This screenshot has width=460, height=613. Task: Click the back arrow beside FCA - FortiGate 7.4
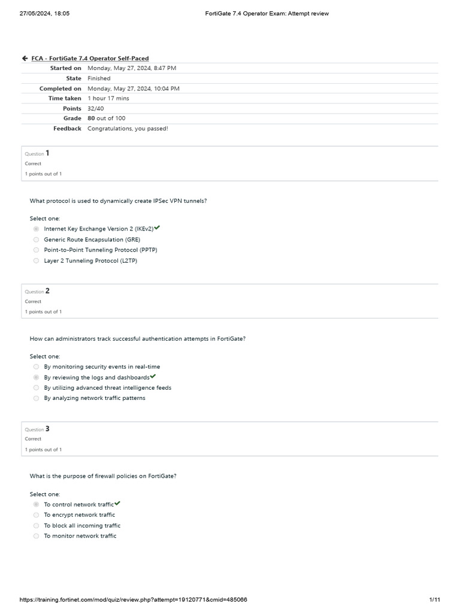[x=25, y=58]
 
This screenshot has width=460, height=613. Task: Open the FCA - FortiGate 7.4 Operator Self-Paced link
[x=90, y=58]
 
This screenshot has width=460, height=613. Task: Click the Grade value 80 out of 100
[x=107, y=119]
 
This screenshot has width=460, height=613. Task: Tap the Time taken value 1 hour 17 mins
[x=108, y=98]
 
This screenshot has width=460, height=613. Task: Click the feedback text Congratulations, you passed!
[x=128, y=128]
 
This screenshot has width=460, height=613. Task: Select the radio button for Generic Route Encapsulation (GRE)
[x=37, y=239]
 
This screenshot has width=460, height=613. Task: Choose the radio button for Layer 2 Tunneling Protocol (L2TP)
[x=37, y=260]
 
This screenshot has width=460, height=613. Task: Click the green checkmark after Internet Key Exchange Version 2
[x=157, y=228]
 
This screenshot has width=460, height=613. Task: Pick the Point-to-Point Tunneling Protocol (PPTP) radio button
[x=37, y=250]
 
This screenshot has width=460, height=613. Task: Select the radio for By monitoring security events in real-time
[x=37, y=366]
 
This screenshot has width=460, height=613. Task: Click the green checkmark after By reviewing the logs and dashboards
[x=153, y=377]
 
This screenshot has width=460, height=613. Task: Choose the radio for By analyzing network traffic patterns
[x=37, y=398]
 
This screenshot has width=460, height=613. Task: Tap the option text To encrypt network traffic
[x=79, y=515]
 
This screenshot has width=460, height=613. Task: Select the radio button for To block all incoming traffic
[x=37, y=526]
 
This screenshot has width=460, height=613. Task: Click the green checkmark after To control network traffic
[x=117, y=503]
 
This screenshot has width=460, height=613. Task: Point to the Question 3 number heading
[x=47, y=429]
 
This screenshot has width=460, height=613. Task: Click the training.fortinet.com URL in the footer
[x=134, y=599]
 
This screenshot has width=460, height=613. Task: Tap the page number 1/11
[x=435, y=599]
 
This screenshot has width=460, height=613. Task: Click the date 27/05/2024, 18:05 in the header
[x=44, y=13]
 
